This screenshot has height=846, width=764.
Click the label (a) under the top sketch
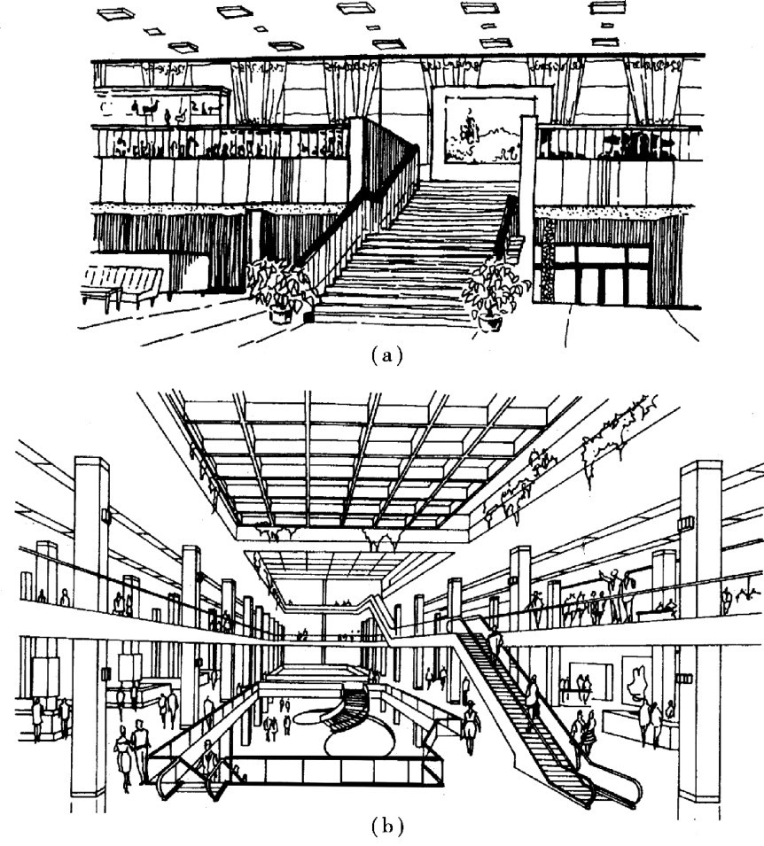[387, 356]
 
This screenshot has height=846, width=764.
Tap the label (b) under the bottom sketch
[387, 827]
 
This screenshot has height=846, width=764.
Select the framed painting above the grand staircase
[481, 130]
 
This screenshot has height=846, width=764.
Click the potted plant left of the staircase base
[280, 288]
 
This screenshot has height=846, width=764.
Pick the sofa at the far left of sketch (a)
[121, 286]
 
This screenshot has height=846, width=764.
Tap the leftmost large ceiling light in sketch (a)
[115, 13]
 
